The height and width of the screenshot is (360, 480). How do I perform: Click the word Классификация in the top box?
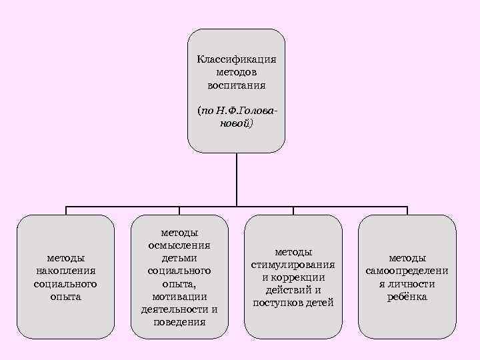pos(237,59)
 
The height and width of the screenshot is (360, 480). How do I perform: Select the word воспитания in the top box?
pos(237,85)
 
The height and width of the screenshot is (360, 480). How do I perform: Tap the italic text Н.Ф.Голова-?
pos(247,110)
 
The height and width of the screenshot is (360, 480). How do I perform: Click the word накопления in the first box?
pos(65,271)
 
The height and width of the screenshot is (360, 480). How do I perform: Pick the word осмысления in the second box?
pos(179,245)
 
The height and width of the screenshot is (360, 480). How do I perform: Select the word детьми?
pos(179,258)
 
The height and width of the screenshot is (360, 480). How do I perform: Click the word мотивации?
pos(179,297)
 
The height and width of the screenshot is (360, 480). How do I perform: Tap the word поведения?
pos(179,322)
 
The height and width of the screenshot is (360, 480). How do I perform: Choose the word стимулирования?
pos(293,265)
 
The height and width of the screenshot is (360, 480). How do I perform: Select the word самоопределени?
pos(407,271)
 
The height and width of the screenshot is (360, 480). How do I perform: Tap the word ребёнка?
pos(407,297)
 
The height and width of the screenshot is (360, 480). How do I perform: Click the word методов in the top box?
pos(237,72)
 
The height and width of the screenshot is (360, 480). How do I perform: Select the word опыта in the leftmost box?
pos(65,297)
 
